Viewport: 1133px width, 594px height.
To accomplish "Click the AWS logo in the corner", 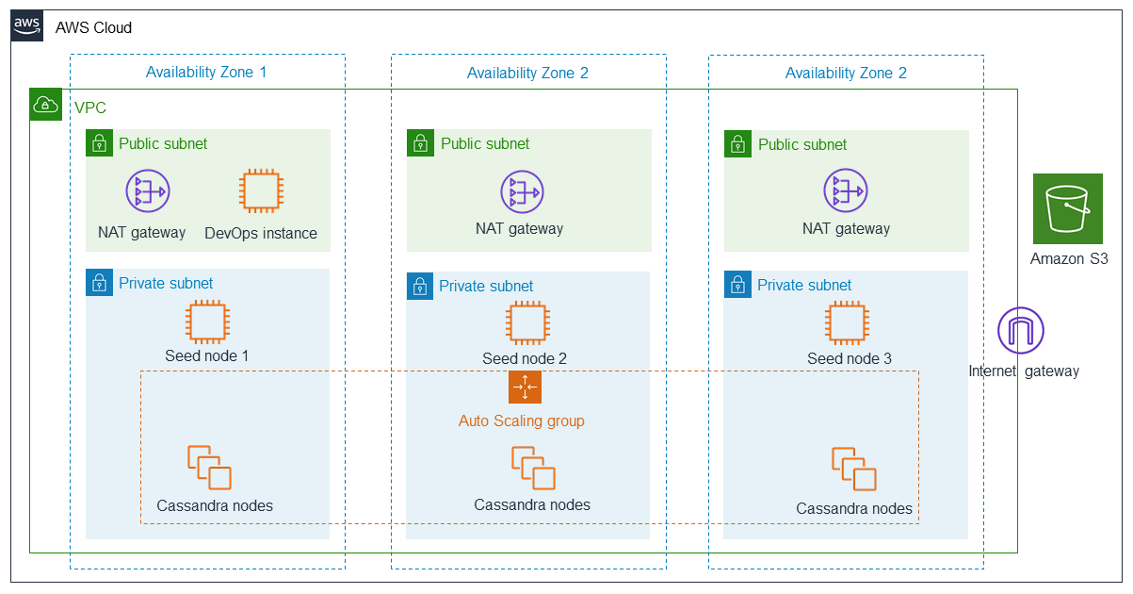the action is (x=26, y=25).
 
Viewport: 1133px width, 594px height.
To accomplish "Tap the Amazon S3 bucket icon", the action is (x=1068, y=208).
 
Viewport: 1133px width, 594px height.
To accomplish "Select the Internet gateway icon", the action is (x=1021, y=330).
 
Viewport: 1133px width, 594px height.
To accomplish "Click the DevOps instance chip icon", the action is (x=261, y=190).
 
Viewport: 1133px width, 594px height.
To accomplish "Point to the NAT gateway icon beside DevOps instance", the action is (x=148, y=190).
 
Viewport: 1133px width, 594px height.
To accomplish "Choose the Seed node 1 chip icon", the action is (x=207, y=322).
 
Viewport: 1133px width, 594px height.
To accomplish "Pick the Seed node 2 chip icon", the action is (x=527, y=323).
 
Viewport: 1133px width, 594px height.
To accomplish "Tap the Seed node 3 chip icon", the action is (x=848, y=323).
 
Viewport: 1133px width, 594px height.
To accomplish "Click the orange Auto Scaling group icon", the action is (x=525, y=388).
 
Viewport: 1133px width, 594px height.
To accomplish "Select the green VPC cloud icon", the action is (x=45, y=105).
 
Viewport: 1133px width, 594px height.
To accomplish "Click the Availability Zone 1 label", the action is (x=206, y=72).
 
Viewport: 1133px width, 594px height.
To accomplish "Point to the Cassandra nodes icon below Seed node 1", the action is (x=209, y=468).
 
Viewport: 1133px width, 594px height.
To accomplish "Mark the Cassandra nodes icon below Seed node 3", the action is (x=854, y=469).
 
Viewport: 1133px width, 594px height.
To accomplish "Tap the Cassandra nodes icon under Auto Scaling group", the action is (x=533, y=468).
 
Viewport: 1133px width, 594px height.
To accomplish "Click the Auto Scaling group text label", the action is (x=522, y=421).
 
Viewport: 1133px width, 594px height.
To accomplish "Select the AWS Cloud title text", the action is (x=93, y=27).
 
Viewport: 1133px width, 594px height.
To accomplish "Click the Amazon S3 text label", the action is (x=1069, y=258).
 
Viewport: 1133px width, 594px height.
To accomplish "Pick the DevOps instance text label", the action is (x=261, y=234).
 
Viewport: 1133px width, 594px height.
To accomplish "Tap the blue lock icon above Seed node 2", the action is (x=420, y=287).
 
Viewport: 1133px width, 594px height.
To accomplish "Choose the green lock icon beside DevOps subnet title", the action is (x=99, y=143).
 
